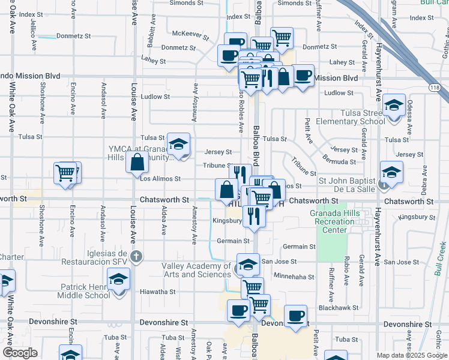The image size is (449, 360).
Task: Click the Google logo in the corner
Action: click(20, 353)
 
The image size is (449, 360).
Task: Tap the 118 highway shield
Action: click(434, 88)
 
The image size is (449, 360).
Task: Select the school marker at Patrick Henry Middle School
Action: click(118, 278)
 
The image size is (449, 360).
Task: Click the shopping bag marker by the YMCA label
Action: click(137, 161)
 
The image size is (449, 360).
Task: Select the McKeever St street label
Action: click(190, 34)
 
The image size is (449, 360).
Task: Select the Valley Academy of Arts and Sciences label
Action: click(196, 270)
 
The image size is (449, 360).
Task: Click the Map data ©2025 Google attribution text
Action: click(411, 355)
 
